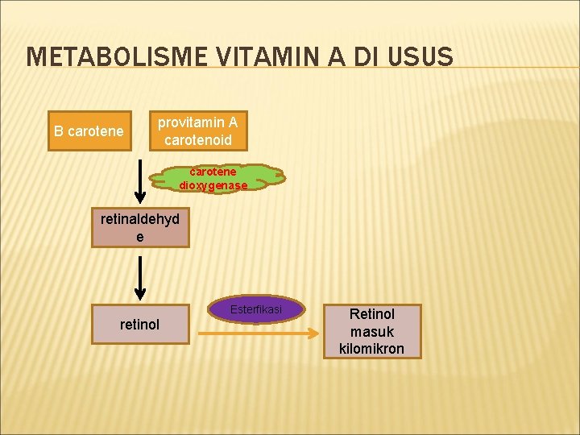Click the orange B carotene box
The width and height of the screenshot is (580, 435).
tap(88, 130)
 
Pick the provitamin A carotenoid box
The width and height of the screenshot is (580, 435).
tap(197, 130)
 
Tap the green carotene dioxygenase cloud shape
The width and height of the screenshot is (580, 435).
tap(213, 179)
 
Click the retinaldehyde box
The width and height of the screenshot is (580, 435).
tap(140, 227)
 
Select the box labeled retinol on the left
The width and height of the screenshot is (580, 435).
tap(140, 325)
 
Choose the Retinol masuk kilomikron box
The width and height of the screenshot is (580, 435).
tap(371, 331)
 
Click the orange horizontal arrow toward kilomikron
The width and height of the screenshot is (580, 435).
tap(258, 330)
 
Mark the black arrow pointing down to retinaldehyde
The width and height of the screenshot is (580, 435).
tap(140, 177)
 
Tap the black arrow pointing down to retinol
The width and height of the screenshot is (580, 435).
tap(140, 278)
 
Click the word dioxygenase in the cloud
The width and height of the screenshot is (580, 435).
tap(213, 185)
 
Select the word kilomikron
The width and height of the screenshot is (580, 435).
tap(371, 349)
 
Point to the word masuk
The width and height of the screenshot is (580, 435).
tap(371, 331)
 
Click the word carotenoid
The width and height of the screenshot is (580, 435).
tap(197, 140)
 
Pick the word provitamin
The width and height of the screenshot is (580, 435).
tap(197, 122)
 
